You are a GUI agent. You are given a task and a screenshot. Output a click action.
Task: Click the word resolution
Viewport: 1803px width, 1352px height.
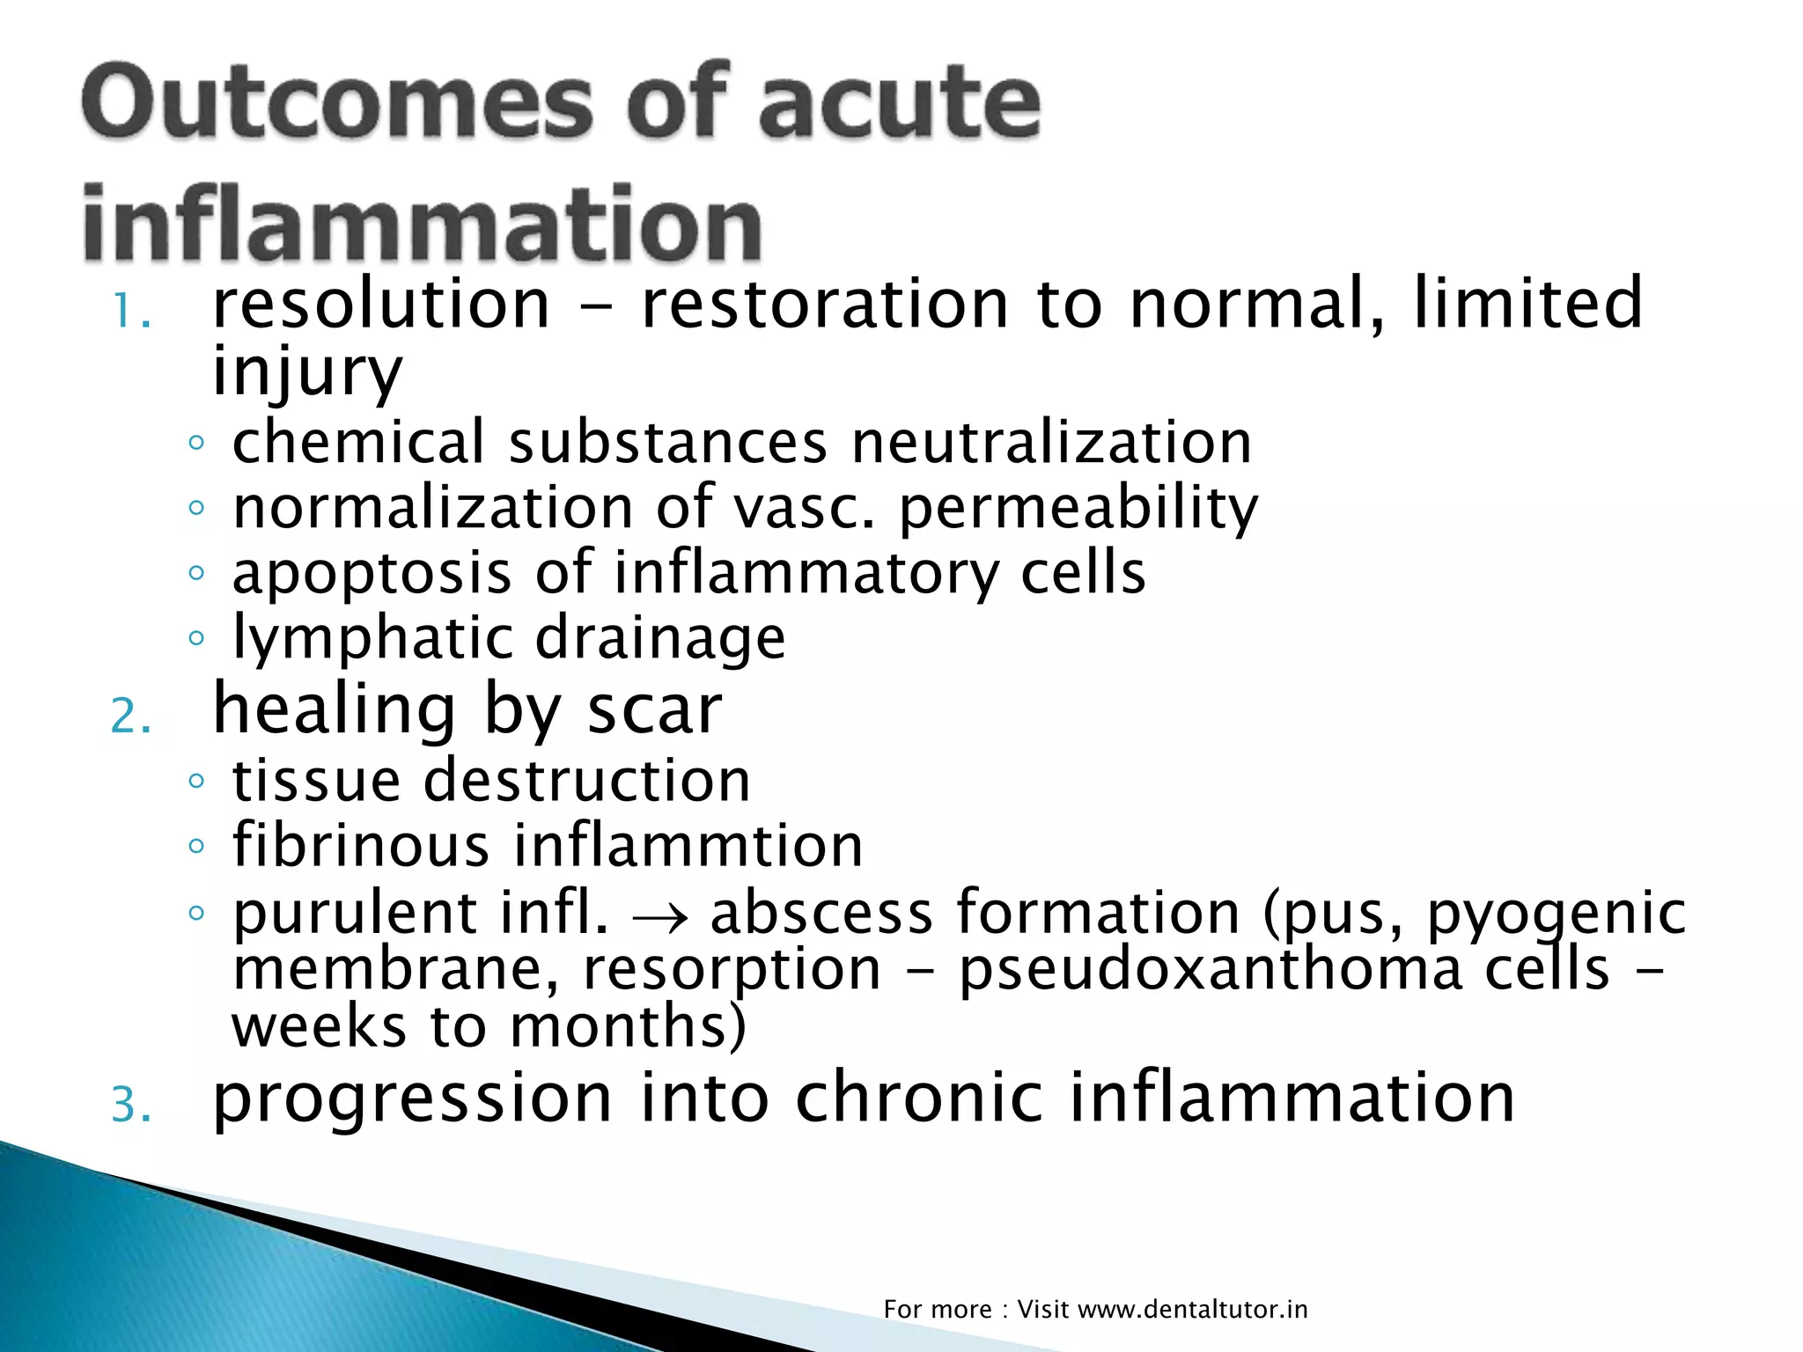pyautogui.click(x=381, y=304)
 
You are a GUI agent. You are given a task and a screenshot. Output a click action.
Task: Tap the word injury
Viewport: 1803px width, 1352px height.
pyautogui.click(x=307, y=371)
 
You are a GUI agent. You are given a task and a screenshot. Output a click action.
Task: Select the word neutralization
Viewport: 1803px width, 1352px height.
pyautogui.click(x=1051, y=442)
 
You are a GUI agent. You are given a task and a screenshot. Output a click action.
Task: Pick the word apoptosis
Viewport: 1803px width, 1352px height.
pyautogui.click(x=372, y=574)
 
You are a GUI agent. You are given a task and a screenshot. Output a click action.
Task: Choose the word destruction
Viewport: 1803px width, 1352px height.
pyautogui.click(x=587, y=781)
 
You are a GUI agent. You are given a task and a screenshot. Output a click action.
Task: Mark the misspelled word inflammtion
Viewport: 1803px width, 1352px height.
pyautogui.click(x=688, y=846)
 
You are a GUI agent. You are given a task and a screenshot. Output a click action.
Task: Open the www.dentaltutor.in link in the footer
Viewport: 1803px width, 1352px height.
pyautogui.click(x=1192, y=1310)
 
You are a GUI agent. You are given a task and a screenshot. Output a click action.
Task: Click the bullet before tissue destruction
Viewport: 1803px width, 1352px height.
pyautogui.click(x=196, y=781)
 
